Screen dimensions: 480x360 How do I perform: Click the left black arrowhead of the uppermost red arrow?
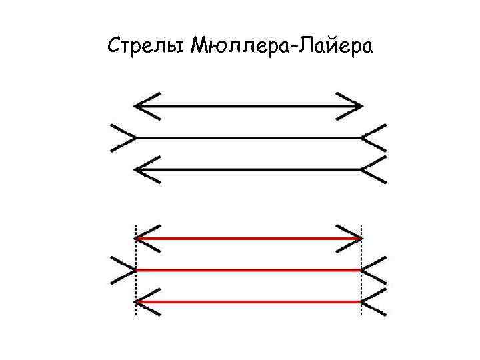point(147,238)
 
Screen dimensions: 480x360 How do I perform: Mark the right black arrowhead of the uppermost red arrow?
point(351,238)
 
